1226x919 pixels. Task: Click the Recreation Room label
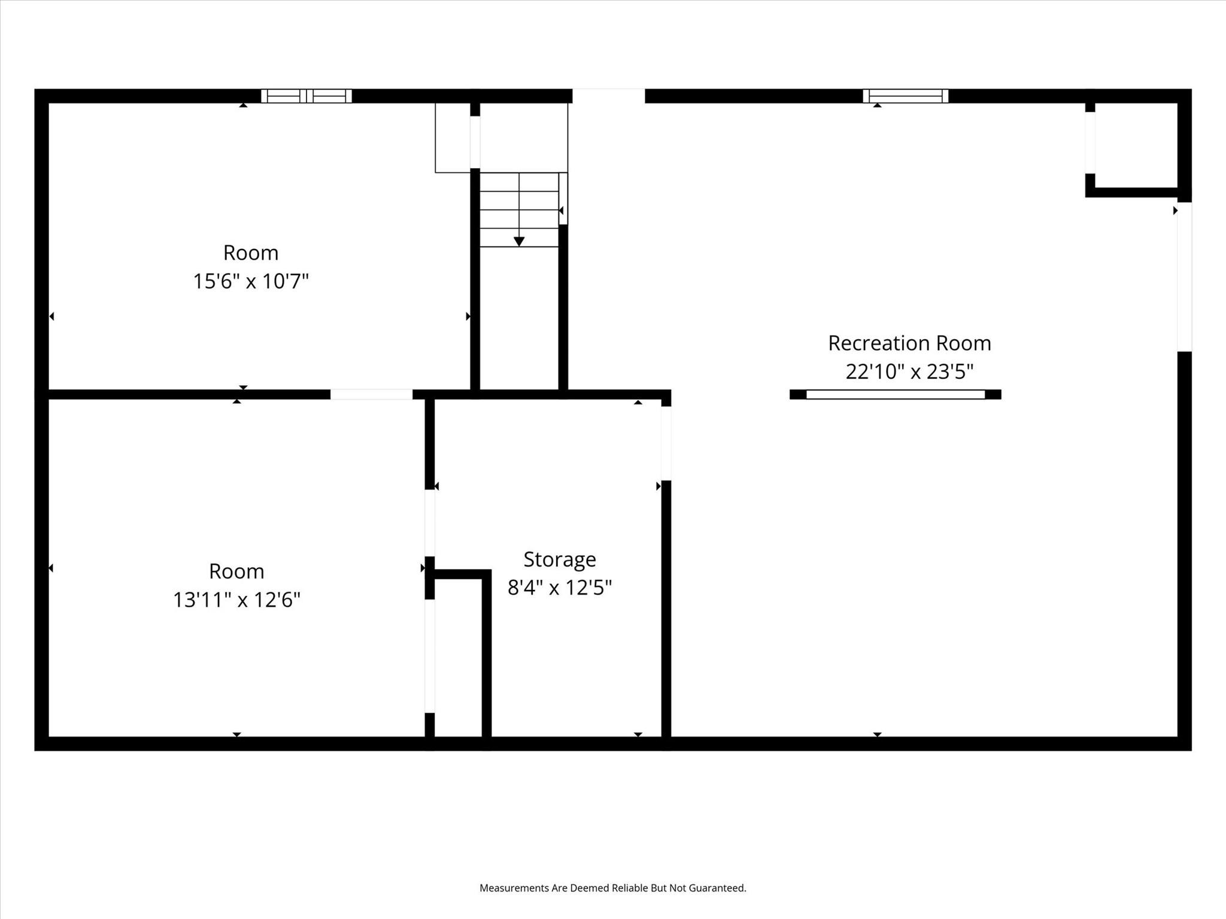(x=909, y=343)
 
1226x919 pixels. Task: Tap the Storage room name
(x=560, y=559)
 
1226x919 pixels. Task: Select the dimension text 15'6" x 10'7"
(x=250, y=281)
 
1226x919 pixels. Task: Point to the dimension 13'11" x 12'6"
(x=236, y=600)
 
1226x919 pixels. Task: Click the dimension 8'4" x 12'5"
(x=560, y=588)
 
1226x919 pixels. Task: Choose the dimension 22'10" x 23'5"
(x=909, y=372)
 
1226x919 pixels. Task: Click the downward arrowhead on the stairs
(x=519, y=241)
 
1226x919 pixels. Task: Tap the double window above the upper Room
(x=306, y=96)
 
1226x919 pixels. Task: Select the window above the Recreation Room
(x=905, y=96)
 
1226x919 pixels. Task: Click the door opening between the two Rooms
(x=371, y=394)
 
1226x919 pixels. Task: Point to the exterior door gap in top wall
(x=608, y=96)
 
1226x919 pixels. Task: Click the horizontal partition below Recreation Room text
(x=895, y=394)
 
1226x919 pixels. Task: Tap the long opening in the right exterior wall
(x=1184, y=276)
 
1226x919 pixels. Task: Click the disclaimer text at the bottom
(x=612, y=888)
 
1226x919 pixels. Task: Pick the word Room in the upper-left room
(x=250, y=253)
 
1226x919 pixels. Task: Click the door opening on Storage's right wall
(x=666, y=443)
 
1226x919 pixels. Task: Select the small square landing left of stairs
(x=453, y=138)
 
